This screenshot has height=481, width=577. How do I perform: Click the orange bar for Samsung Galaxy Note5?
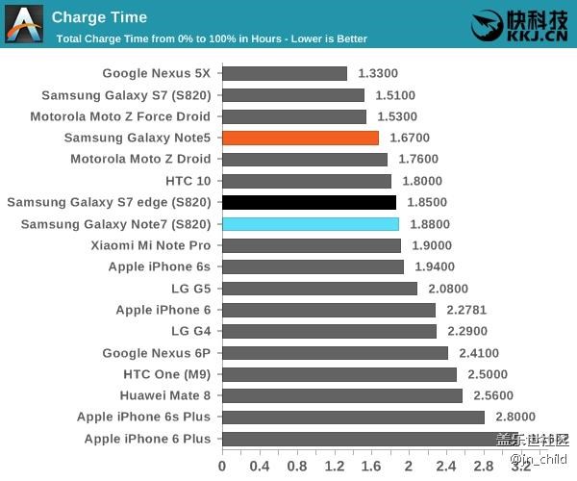point(300,138)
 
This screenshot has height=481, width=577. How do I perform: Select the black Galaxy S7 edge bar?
point(309,202)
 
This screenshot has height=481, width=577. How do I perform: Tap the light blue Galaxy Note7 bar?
point(310,224)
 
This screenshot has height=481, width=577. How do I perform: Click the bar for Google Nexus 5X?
point(285,73)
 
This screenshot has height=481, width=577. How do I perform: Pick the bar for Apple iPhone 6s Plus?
point(353,417)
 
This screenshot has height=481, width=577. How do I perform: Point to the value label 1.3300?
point(378,73)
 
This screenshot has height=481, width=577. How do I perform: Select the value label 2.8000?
point(515,417)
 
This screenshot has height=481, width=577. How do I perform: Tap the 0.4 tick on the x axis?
point(260,466)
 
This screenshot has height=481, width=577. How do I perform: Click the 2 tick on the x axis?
point(409,466)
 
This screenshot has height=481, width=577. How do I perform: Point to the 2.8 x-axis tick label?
point(483,466)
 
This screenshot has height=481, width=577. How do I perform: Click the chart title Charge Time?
point(99,16)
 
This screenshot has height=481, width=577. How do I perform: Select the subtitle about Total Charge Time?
point(212,39)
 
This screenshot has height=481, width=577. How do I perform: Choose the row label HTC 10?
point(188,181)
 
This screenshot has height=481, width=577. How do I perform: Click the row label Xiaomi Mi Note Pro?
point(151,245)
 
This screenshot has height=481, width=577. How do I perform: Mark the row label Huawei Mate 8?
point(165,395)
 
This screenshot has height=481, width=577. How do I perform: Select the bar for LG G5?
point(319,289)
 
